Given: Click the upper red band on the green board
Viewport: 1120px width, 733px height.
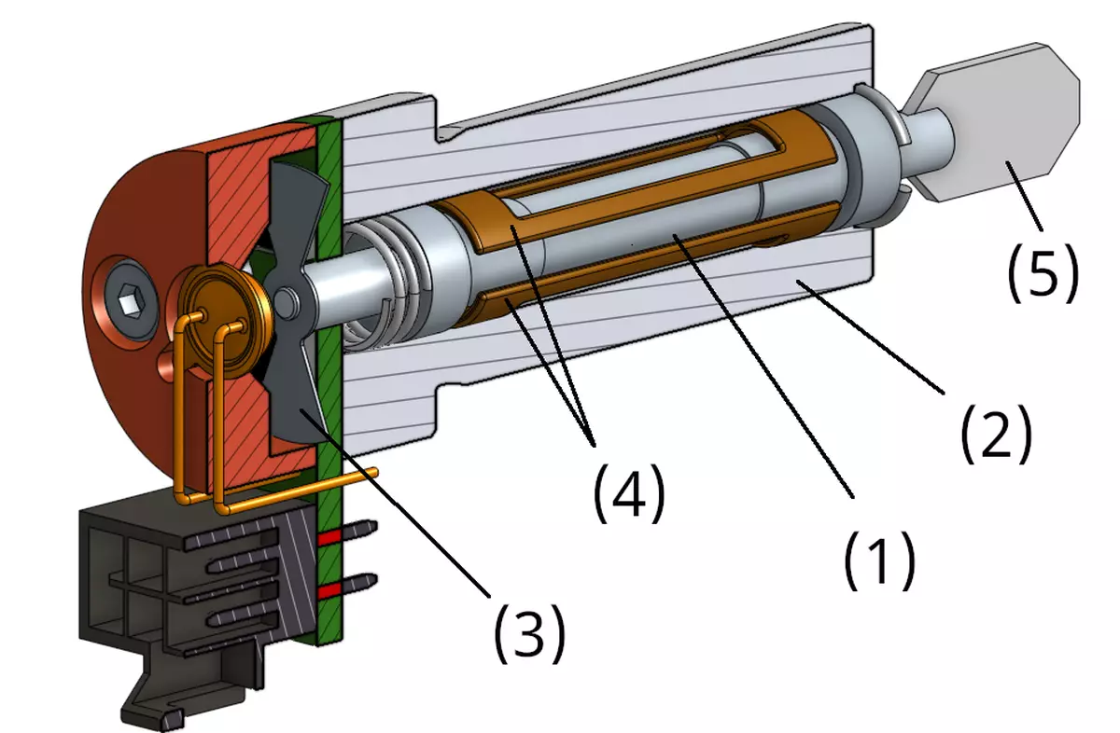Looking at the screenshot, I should click(329, 538).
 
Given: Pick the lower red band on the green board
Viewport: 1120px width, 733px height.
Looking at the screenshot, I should click(329, 591).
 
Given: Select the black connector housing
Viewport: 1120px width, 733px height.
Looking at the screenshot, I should click(177, 578).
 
